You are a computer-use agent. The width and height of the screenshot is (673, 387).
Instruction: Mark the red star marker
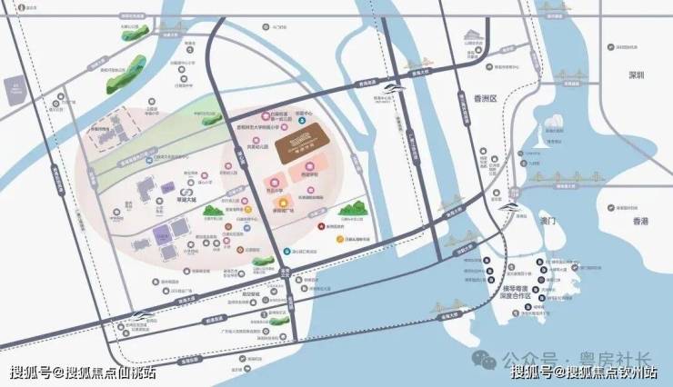click(318, 226)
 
